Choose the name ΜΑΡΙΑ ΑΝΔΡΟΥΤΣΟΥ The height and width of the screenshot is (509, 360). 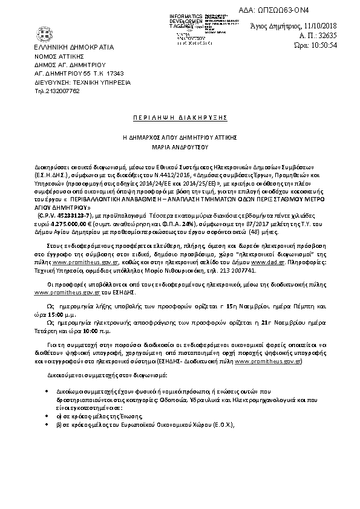coord(179,146)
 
